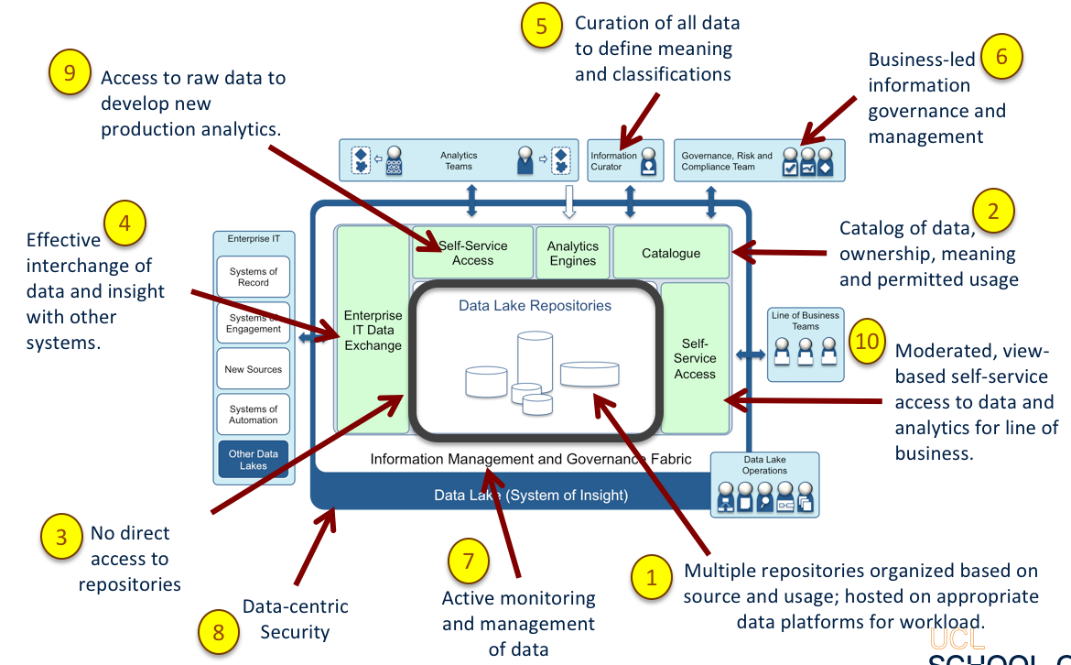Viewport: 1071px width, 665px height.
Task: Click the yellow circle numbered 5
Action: pyautogui.click(x=541, y=26)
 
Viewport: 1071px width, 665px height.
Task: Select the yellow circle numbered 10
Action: pyautogui.click(x=867, y=341)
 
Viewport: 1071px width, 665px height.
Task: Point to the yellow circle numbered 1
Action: pyautogui.click(x=652, y=577)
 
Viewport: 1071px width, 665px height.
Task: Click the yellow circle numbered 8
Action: pyautogui.click(x=218, y=631)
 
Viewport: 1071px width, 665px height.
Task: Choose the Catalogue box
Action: pyautogui.click(x=671, y=253)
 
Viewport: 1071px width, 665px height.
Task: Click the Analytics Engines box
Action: pyautogui.click(x=572, y=253)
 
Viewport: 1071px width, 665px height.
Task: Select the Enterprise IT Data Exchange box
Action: pyautogui.click(x=373, y=331)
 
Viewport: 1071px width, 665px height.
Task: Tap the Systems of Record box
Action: pyautogui.click(x=254, y=277)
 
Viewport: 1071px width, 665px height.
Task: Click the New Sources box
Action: pyautogui.click(x=254, y=369)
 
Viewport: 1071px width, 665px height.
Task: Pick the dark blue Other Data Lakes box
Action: pyautogui.click(x=254, y=460)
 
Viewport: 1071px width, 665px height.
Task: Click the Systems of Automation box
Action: pyautogui.click(x=254, y=415)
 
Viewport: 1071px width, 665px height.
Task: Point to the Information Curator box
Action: pyautogui.click(x=625, y=161)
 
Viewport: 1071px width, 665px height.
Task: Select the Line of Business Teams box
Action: pyautogui.click(x=806, y=343)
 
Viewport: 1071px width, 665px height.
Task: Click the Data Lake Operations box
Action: pyautogui.click(x=765, y=485)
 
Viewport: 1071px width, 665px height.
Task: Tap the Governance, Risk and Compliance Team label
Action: pyautogui.click(x=727, y=161)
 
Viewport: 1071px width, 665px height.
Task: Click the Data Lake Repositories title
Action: pyautogui.click(x=535, y=306)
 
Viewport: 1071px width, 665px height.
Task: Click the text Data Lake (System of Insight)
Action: pyautogui.click(x=531, y=496)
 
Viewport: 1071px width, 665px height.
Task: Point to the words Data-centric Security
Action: pyautogui.click(x=295, y=619)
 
